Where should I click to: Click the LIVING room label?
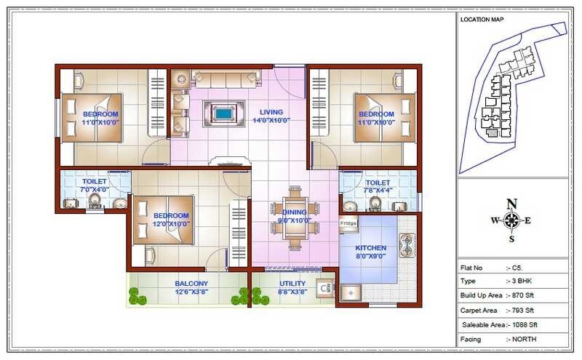pos(271,111)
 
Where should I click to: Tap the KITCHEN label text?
pos(370,248)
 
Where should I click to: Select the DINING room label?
pos(294,212)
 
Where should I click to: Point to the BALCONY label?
pos(191,284)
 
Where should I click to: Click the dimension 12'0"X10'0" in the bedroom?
pos(171,224)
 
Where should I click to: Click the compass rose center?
pos(512,220)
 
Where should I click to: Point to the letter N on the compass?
pos(512,203)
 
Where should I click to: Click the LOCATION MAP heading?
pos(482,20)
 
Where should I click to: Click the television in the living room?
pos(224,113)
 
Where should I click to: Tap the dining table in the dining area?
pos(295,216)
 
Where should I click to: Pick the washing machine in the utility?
pos(326,289)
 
